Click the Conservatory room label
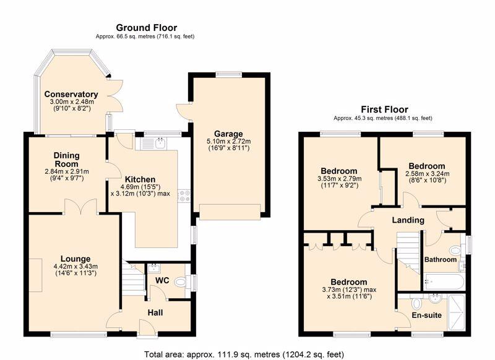(71, 94)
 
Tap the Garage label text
(228, 134)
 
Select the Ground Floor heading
(147, 28)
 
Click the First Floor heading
(384, 109)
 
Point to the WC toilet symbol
(181, 282)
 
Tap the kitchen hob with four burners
(184, 196)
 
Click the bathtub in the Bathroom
(444, 282)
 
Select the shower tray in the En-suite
(456, 312)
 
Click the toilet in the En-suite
(416, 303)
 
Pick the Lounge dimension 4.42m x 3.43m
(75, 267)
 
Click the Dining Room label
(67, 160)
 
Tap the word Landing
(408, 220)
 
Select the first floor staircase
(408, 252)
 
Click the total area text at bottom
(244, 354)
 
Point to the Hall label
(155, 312)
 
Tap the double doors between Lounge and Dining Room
(80, 207)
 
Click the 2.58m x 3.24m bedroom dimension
(427, 174)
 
